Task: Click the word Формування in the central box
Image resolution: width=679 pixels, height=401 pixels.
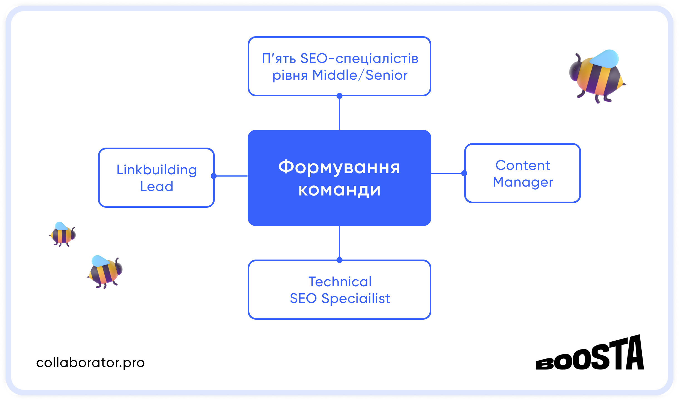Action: tap(339, 168)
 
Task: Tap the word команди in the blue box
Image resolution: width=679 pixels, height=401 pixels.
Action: tap(339, 190)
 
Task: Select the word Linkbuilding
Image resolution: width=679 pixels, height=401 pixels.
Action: tap(156, 170)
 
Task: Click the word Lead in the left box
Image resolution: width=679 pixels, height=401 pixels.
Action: tap(156, 186)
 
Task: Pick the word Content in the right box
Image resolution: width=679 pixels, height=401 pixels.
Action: tap(523, 165)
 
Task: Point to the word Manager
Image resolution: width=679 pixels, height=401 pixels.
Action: tap(523, 182)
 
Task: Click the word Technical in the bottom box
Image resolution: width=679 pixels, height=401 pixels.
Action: tap(340, 282)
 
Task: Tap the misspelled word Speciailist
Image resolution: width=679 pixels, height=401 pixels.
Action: tap(356, 299)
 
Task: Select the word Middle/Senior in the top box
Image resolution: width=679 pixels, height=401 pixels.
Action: tap(360, 75)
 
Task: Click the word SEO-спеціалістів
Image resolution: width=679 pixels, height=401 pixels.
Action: tap(359, 58)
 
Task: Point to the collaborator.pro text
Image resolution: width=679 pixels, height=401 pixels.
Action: tap(90, 363)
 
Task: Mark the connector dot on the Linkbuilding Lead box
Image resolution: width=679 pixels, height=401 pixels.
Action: tap(214, 176)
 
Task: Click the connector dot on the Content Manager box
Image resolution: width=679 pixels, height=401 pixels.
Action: tap(464, 173)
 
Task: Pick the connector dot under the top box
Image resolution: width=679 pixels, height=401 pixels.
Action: tap(339, 96)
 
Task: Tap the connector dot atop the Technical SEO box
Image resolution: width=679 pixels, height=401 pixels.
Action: tap(339, 260)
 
